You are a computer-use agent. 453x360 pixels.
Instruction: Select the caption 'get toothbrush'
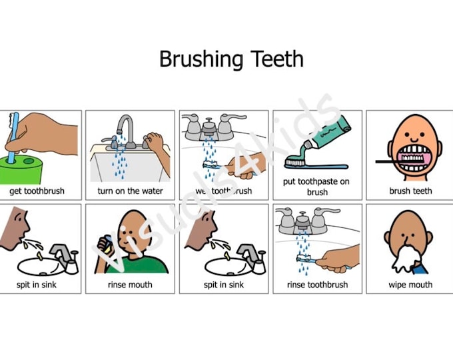(37, 191)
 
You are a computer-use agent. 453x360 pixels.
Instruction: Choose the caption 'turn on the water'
(131, 191)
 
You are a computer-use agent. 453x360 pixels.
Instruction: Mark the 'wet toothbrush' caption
(224, 191)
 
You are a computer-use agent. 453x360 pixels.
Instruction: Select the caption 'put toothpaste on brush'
(317, 187)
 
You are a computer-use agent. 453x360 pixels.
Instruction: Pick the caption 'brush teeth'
(410, 191)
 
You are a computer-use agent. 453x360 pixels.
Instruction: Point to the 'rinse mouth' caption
(130, 285)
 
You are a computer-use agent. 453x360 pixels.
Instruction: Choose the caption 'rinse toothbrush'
(317, 285)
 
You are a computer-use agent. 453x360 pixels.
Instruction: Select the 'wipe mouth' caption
(410, 285)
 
